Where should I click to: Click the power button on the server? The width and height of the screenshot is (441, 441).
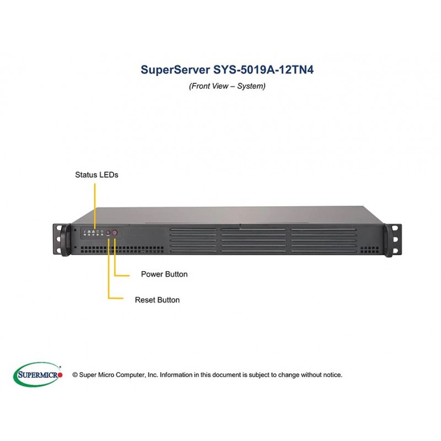pos(115,233)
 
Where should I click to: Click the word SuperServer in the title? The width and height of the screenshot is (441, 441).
pos(175,69)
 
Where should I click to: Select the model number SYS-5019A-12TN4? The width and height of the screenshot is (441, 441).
pos(263,69)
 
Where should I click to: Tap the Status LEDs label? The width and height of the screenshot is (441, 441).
pos(96,175)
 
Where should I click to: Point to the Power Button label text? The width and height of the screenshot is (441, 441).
pos(164,274)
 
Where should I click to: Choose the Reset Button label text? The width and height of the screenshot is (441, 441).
pos(157,300)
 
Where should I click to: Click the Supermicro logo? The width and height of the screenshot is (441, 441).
pos(38,375)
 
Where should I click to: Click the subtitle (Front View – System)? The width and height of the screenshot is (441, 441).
pos(227,86)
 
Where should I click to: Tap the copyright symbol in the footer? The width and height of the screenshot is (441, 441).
pos(75,375)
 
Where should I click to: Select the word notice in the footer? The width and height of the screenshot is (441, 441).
pos(332,375)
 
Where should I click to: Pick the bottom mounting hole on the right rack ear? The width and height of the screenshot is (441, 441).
pos(395,250)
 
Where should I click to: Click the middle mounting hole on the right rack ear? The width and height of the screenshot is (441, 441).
pos(395,239)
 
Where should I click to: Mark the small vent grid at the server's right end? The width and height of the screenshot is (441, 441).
pos(369,250)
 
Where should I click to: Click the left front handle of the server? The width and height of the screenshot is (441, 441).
pos(66,240)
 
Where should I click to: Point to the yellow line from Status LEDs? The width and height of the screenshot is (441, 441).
pos(95,206)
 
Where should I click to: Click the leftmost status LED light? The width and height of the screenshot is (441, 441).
pos(85,234)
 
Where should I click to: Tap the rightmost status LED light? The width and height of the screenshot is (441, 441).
pos(102,234)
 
